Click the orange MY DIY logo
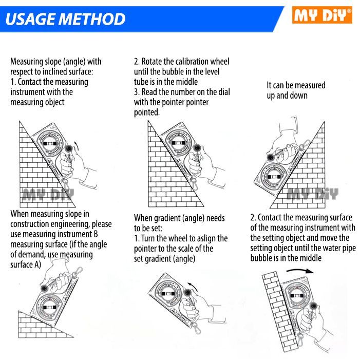(x=322, y=15)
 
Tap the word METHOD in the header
(x=92, y=19)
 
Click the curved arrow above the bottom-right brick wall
(x=300, y=271)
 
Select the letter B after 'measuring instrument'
(x=96, y=234)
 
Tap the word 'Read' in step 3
(x=149, y=92)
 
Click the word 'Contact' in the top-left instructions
(x=30, y=82)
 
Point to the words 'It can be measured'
(x=296, y=85)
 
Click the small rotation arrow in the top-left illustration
(x=76, y=145)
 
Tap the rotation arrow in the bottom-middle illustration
(x=193, y=286)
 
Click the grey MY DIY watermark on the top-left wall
(x=48, y=195)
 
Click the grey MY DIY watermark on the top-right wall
(x=313, y=194)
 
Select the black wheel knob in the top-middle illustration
(x=197, y=148)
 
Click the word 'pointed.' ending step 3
(x=147, y=112)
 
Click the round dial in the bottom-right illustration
(x=296, y=295)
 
